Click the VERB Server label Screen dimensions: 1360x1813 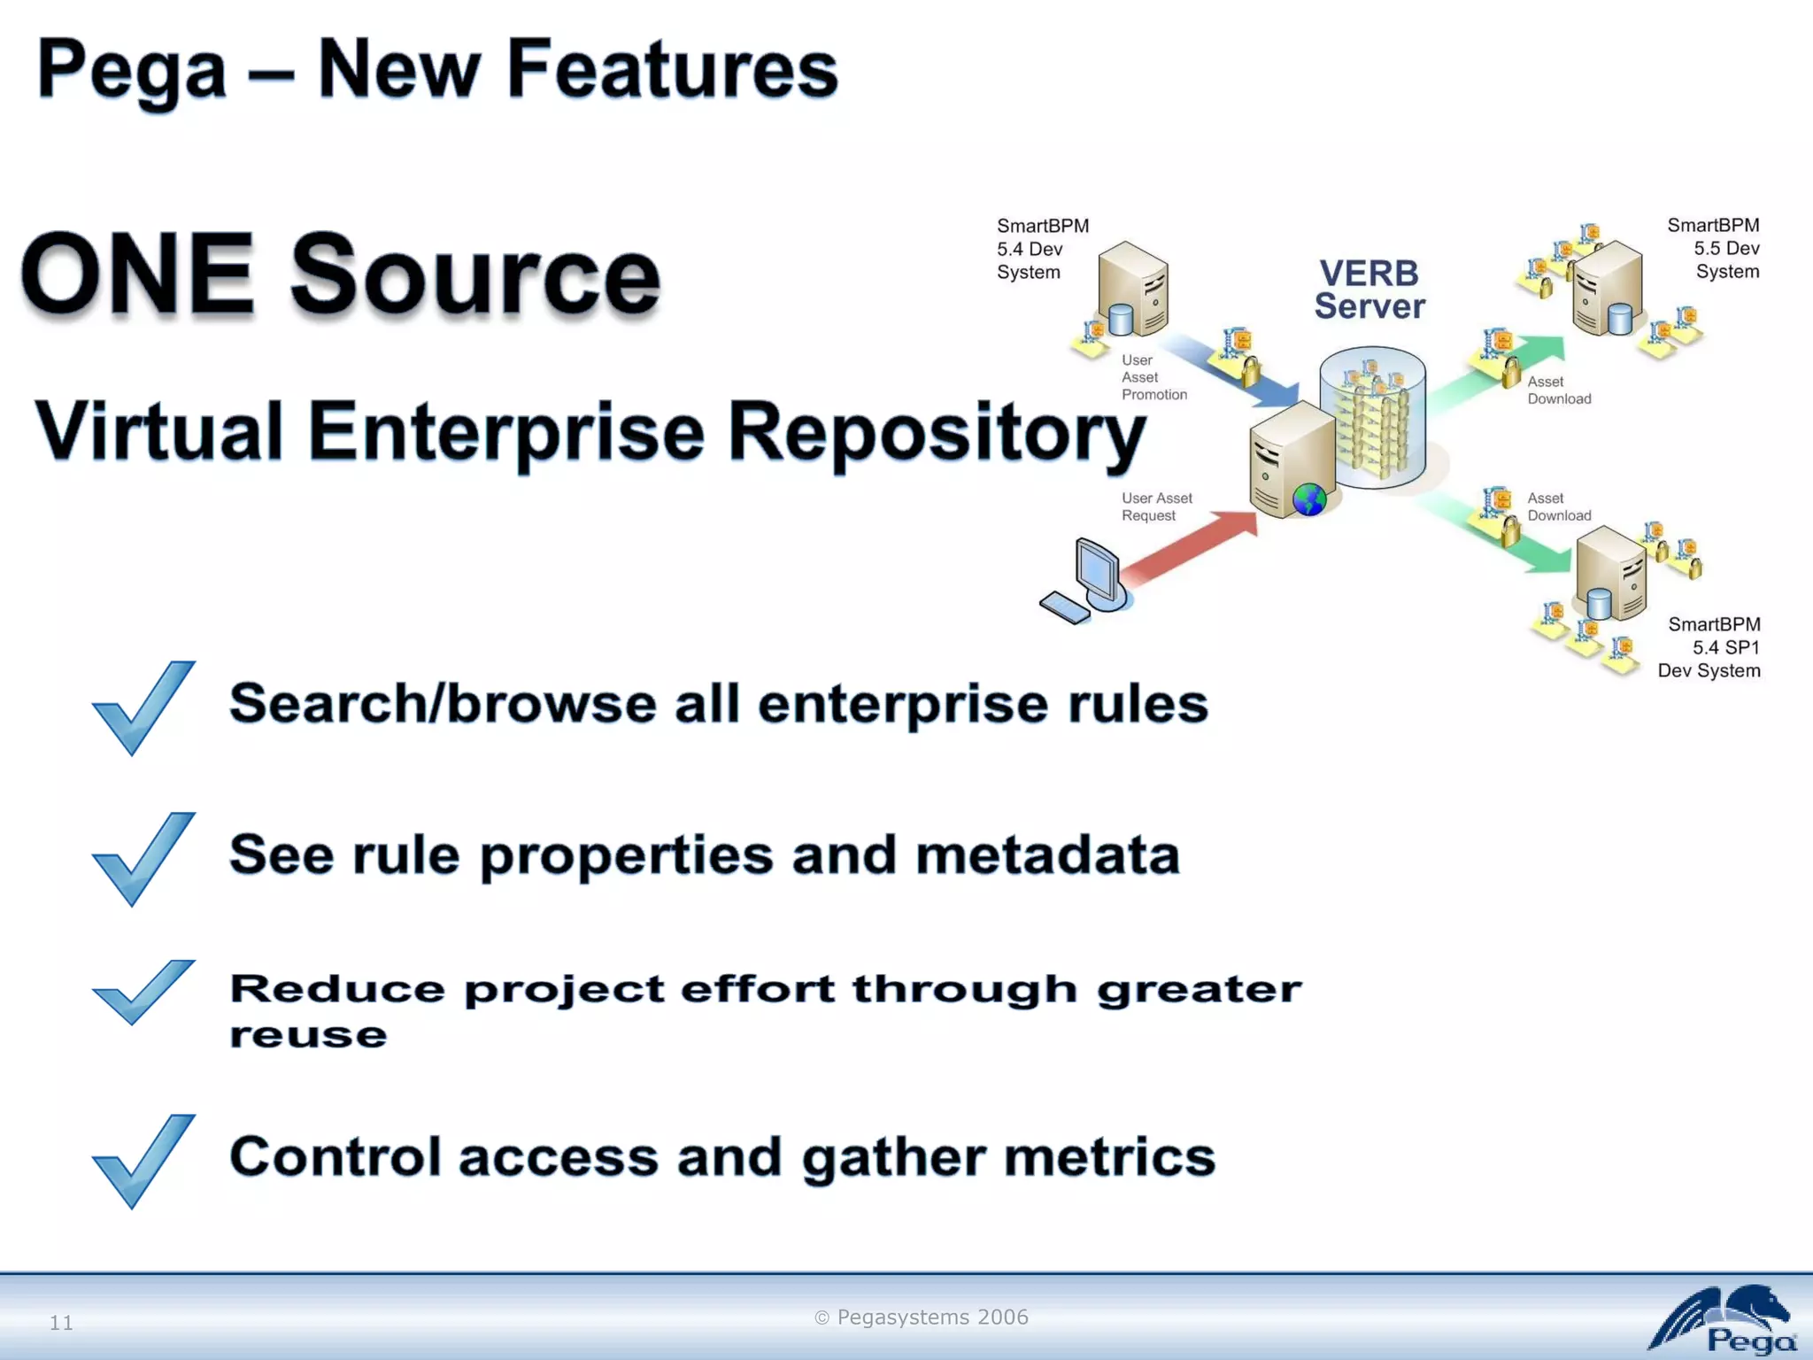point(1369,290)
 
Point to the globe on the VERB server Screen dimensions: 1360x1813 point(1309,499)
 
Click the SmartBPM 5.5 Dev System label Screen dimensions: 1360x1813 point(1714,249)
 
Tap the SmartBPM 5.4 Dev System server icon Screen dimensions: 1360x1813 point(1133,288)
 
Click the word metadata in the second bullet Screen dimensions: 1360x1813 point(1046,855)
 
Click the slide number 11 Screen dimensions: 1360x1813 point(61,1322)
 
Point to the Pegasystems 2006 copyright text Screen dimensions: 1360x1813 point(922,1317)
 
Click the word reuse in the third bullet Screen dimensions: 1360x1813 point(308,1034)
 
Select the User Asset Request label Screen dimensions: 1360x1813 point(1156,506)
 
